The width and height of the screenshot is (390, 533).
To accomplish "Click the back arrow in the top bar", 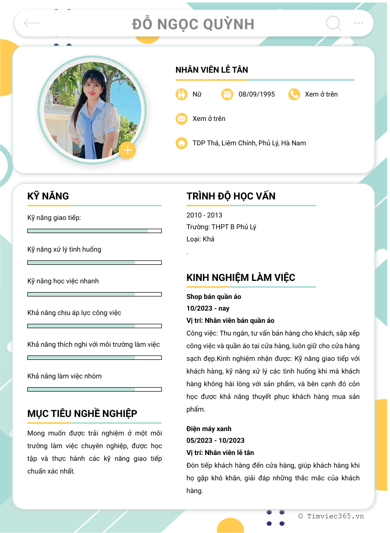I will [32, 23].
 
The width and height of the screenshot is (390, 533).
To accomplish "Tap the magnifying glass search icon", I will [333, 23].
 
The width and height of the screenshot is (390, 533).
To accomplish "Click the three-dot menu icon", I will [359, 23].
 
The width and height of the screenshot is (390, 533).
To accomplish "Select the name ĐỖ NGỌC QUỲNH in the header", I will [193, 24].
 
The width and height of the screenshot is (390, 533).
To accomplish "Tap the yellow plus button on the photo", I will [128, 151].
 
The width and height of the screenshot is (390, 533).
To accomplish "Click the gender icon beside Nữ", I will [181, 94].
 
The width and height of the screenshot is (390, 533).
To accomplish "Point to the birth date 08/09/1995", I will [256, 94].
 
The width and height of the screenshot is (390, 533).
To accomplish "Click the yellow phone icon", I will [294, 94].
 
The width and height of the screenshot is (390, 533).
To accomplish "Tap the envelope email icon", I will [181, 118].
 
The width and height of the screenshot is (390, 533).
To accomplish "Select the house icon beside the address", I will [181, 143].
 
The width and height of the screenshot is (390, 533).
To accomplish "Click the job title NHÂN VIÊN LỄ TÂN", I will [212, 70].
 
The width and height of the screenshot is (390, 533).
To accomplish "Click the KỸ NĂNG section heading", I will [48, 196].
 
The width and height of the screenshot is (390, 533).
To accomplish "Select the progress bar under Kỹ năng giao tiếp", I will [95, 231].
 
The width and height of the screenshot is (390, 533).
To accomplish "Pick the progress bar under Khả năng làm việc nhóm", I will [95, 389].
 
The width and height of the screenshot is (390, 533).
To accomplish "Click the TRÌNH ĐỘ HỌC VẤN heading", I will [231, 196].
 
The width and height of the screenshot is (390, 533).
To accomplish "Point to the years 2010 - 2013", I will [204, 215].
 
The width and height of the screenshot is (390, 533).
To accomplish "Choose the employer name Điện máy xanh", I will [209, 429].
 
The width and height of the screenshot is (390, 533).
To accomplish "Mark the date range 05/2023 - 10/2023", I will [215, 441].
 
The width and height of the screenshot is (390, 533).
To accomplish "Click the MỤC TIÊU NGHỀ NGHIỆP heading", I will [82, 414].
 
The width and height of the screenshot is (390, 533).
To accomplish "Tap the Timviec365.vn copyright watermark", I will [331, 516].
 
